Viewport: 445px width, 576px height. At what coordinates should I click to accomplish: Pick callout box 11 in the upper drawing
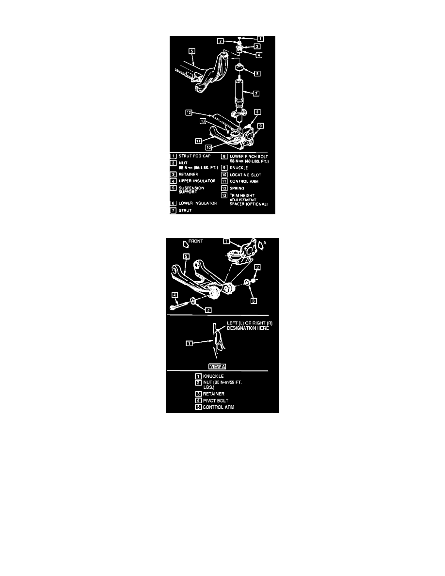(199, 141)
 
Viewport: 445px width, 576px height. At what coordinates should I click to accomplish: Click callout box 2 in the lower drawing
(258, 267)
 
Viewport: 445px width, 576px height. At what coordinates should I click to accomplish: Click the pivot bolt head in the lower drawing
(173, 307)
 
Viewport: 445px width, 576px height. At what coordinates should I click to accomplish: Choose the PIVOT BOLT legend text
(216, 400)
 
